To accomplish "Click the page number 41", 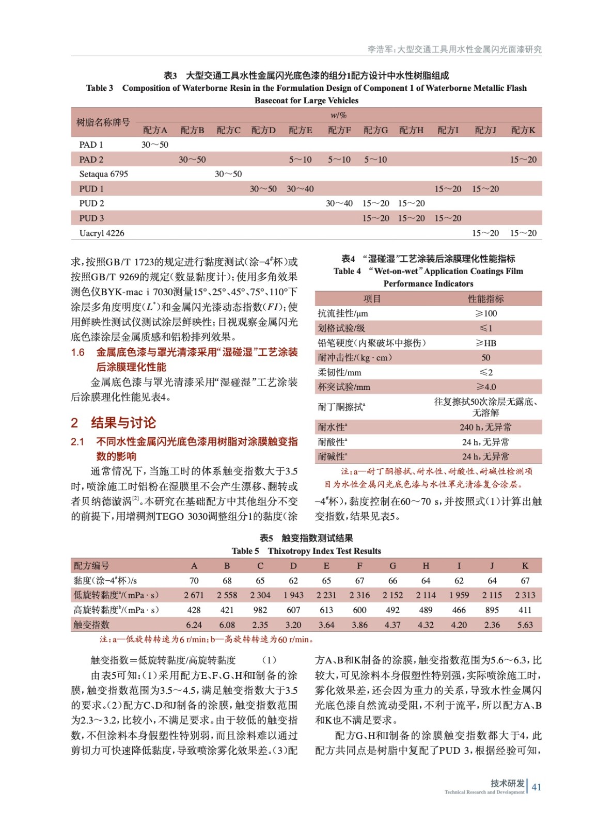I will (x=537, y=787).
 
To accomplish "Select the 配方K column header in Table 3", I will (x=523, y=130).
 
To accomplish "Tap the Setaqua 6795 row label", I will (x=103, y=174).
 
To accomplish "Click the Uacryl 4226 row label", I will (x=102, y=233).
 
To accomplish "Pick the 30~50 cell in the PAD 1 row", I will (x=155, y=145).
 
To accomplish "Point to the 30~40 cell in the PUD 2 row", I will (x=339, y=203).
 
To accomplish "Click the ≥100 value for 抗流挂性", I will (x=485, y=313).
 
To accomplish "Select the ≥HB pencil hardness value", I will (x=485, y=343).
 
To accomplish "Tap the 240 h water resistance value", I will (x=485, y=427).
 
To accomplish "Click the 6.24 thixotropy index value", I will (x=194, y=625).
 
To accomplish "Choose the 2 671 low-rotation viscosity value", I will (x=194, y=595).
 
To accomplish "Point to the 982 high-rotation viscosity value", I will (x=260, y=610).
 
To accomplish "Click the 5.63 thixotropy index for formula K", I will (x=525, y=625).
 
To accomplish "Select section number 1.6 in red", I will (x=78, y=353).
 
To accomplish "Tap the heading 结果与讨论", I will (x=123, y=423).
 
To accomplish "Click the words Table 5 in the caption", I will (x=245, y=551).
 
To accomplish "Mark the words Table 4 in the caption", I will (x=347, y=271).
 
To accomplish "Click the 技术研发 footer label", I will (x=507, y=783).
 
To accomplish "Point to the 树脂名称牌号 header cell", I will (x=103, y=122).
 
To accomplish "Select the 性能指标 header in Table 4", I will (x=485, y=299).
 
